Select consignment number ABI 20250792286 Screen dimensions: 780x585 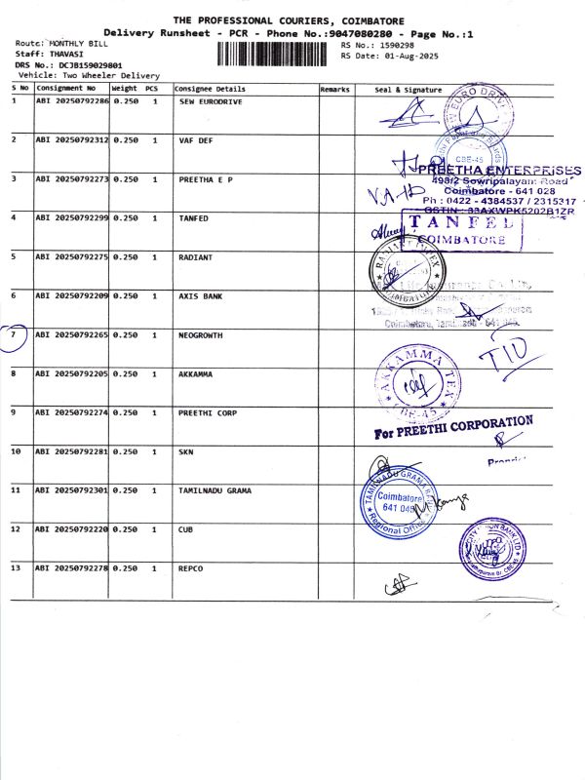[72, 101]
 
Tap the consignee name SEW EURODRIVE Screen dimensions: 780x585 [209, 101]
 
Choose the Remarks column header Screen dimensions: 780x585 [334, 89]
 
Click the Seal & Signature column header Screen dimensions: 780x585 [409, 89]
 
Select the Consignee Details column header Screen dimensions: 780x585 [210, 89]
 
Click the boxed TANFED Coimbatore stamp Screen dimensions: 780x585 [462, 229]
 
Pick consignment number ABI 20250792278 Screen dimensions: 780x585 [72, 567]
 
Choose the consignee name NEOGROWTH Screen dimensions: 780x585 [201, 334]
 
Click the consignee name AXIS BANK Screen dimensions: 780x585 [201, 295]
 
